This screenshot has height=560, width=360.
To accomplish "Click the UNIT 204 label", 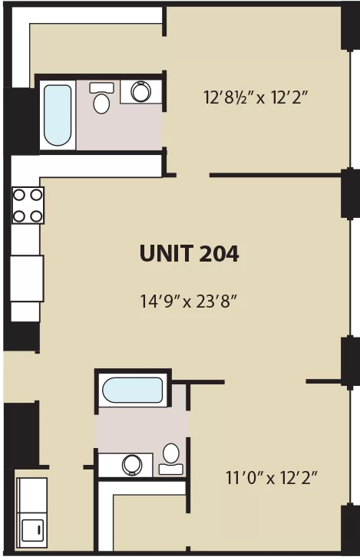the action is click(x=189, y=253).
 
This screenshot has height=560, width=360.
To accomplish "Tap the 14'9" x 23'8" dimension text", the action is click(x=188, y=301).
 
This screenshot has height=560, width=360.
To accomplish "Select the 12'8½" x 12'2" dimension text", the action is click(x=256, y=97).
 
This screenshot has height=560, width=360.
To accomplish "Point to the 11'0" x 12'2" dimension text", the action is click(x=271, y=477).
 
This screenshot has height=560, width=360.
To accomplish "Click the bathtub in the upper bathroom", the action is click(x=58, y=115).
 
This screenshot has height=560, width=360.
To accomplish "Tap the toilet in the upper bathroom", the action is click(x=101, y=98).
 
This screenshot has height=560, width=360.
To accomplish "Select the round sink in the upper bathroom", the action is click(x=140, y=92).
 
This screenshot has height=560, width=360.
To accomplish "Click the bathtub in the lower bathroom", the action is click(x=133, y=390).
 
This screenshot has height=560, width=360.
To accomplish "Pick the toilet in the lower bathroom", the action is click(x=171, y=459).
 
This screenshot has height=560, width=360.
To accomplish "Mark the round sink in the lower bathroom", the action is click(x=132, y=465).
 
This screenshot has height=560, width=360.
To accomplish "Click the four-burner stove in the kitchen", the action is click(x=28, y=206).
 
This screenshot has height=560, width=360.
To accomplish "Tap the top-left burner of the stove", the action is click(x=19, y=195).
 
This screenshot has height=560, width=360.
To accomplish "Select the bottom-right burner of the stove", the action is click(x=36, y=216).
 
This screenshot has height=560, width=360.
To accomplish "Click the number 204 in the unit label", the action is click(x=219, y=254).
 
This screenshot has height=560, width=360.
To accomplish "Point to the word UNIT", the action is click(x=166, y=254).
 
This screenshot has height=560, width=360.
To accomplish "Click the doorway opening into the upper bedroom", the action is click(x=193, y=175).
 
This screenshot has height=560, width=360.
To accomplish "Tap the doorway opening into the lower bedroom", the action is click(x=265, y=382).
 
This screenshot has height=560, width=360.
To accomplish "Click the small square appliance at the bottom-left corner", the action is click(x=32, y=530).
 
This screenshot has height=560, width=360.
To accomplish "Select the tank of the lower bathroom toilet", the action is click(x=171, y=469).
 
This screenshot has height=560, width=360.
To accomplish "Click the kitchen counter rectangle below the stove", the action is click(x=27, y=278).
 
